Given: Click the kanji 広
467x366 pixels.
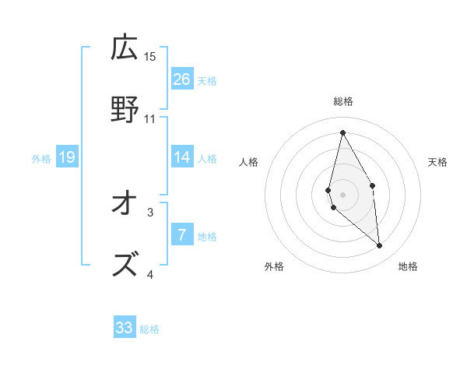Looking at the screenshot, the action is click(125, 48).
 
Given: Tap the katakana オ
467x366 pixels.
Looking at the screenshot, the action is click(125, 204).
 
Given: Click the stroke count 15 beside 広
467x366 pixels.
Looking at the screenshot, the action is click(150, 57).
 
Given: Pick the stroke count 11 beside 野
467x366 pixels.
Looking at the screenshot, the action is click(150, 119).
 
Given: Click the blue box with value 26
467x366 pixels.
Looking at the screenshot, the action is click(182, 79).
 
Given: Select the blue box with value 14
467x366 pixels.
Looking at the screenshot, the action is click(182, 157).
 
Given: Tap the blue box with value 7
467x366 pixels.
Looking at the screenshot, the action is click(182, 234).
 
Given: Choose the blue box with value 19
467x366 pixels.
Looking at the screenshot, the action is click(67, 157).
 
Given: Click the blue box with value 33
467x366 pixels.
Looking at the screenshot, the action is click(125, 328).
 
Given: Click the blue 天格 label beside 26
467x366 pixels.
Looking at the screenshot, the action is click(206, 81).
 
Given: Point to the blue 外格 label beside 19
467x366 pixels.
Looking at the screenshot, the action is click(41, 159).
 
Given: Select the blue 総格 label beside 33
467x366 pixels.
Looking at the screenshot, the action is click(149, 329).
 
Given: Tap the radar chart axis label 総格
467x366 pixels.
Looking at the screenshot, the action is click(342, 101).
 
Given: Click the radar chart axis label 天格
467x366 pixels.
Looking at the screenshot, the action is click(437, 162).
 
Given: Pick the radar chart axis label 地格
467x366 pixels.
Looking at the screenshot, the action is click(408, 266).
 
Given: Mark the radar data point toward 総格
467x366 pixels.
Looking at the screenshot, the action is click(342, 132).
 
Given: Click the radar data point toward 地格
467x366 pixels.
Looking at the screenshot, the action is click(379, 245).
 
